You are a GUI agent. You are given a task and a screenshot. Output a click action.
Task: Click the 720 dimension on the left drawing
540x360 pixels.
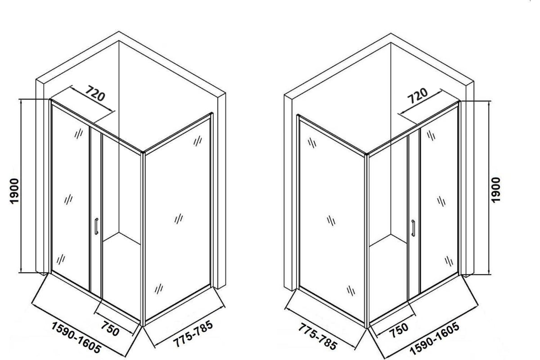(95, 93)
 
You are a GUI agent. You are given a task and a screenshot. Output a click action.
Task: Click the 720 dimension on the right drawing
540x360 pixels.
(417, 95)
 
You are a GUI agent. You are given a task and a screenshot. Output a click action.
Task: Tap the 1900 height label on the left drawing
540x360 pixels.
(14, 191)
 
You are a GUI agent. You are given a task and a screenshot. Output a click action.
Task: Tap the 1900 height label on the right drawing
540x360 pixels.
(495, 190)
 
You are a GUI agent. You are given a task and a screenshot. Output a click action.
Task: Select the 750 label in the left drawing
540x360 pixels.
(110, 328)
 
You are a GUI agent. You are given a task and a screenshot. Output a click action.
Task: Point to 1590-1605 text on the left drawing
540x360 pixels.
(76, 337)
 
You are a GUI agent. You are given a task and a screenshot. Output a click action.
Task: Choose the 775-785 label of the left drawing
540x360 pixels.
(193, 333)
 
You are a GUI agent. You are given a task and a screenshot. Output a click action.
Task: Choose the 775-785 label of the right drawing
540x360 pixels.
(317, 337)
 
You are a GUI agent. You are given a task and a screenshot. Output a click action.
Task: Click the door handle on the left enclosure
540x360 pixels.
(96, 226)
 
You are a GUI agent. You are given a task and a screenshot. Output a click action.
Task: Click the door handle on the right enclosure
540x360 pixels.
(413, 228)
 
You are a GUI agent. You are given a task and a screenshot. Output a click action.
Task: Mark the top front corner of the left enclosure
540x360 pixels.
(143, 153)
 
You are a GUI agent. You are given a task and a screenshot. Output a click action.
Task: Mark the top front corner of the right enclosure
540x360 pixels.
(367, 154)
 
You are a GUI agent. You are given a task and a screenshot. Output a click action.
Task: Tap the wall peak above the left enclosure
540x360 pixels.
(119, 31)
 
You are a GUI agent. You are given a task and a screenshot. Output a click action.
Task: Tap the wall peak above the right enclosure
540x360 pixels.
(391, 33)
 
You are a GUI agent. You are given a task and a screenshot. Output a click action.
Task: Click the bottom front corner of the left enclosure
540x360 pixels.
(143, 326)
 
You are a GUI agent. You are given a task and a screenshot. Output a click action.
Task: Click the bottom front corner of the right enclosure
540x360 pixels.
(367, 328)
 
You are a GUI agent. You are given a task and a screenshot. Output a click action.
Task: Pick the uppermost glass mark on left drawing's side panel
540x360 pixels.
(198, 141)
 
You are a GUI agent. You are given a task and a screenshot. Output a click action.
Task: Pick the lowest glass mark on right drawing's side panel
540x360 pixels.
(351, 291)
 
